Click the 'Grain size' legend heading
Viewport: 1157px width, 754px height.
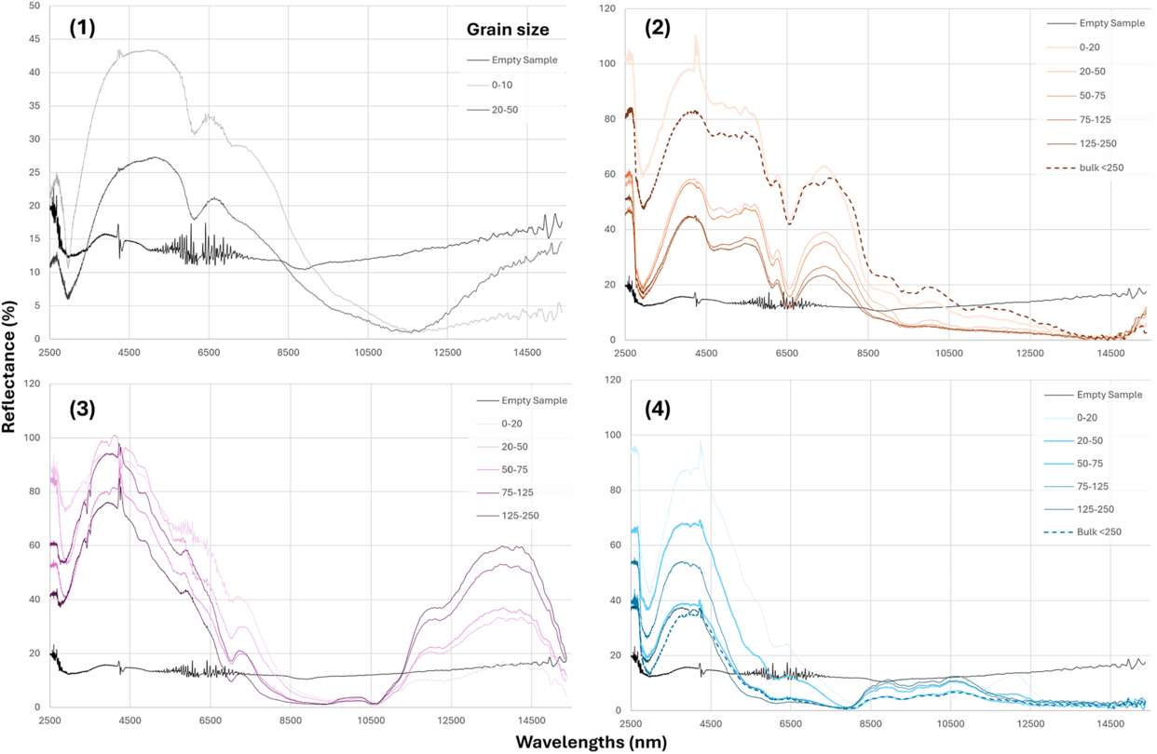pyautogui.click(x=507, y=30)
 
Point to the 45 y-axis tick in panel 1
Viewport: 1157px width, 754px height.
pyautogui.click(x=34, y=39)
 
